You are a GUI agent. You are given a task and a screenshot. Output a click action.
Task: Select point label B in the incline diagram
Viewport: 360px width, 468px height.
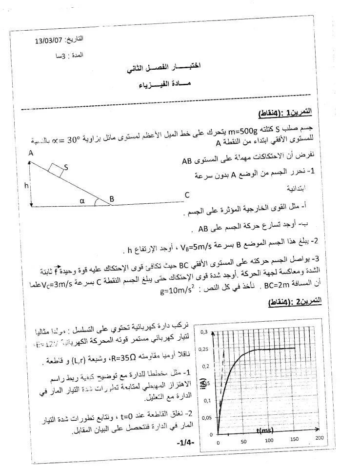[x=112, y=199]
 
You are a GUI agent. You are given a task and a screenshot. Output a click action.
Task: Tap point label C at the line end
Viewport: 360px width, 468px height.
[x=187, y=195]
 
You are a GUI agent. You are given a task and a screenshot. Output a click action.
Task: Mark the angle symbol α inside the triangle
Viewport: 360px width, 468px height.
[x=82, y=199]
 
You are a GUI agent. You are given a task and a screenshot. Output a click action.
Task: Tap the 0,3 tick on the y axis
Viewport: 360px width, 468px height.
[x=204, y=332]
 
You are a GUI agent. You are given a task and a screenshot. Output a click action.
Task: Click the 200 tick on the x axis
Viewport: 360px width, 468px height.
[x=319, y=438]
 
